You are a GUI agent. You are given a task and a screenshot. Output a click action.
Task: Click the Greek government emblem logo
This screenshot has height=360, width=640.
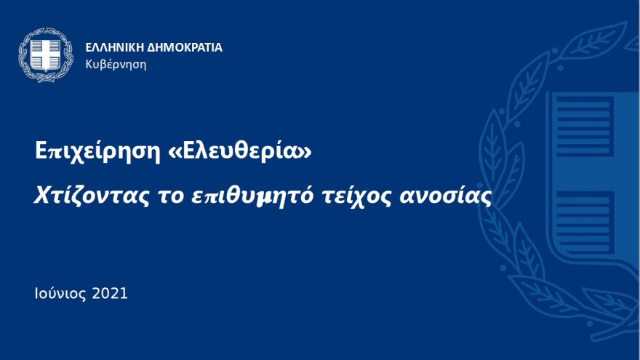click(46, 55)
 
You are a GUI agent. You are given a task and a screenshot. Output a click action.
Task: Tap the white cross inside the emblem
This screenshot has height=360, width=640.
click(46, 53)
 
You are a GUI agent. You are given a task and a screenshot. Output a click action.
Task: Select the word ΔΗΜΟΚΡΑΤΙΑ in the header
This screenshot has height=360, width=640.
click(185, 48)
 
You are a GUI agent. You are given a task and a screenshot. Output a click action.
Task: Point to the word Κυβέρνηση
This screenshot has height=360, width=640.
click(116, 64)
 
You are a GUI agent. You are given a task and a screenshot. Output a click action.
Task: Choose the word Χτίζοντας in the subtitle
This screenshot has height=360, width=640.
click(87, 196)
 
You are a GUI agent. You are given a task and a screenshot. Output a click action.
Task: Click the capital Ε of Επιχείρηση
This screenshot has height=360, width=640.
click(41, 151)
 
